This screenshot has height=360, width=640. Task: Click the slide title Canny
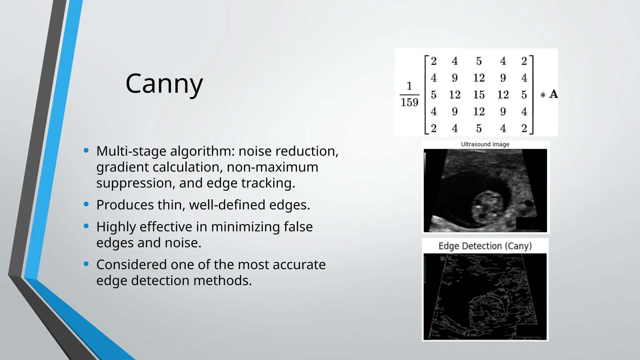tap(164, 84)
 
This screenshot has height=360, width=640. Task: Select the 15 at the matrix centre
tap(479, 95)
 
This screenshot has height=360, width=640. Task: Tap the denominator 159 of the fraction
tap(409, 102)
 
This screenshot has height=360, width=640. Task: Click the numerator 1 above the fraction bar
tap(409, 86)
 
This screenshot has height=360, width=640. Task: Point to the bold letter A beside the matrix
tap(553, 94)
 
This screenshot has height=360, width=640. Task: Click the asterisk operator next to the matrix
tap(543, 95)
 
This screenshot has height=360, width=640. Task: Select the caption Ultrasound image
tap(485, 144)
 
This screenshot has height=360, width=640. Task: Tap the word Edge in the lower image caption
tap(449, 246)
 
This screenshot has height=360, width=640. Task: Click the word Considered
tap(131, 265)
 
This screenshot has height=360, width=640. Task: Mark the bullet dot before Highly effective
tap(86, 226)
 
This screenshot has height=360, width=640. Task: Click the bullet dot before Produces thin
tap(86, 204)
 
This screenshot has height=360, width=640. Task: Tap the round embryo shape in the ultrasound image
tap(488, 207)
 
